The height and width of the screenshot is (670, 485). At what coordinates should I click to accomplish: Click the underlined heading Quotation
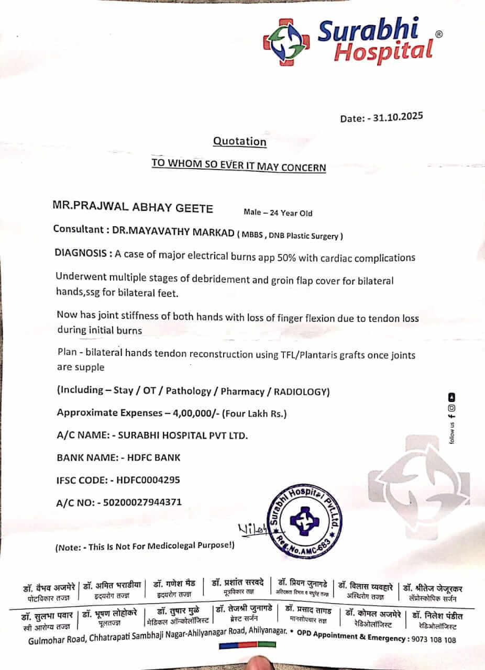click(239, 141)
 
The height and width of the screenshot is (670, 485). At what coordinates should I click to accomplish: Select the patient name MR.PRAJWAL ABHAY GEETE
click(133, 208)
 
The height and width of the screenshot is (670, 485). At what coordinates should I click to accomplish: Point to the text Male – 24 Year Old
click(278, 213)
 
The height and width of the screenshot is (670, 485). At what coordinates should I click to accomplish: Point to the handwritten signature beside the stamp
click(253, 530)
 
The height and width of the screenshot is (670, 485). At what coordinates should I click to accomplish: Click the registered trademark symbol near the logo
click(438, 34)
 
